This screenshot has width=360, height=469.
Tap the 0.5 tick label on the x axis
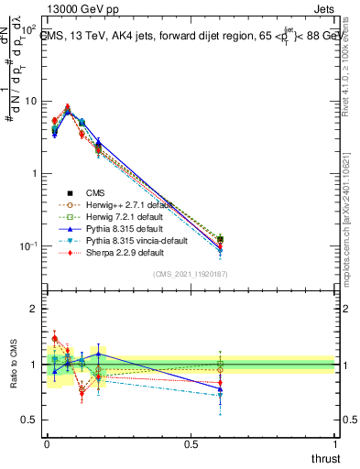(x=191, y=444)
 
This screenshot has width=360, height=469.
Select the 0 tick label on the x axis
(x=47, y=444)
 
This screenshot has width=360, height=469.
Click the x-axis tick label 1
(x=335, y=444)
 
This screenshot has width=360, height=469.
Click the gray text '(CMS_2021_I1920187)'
(x=191, y=275)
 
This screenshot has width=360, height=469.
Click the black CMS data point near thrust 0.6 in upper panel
(x=220, y=240)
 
